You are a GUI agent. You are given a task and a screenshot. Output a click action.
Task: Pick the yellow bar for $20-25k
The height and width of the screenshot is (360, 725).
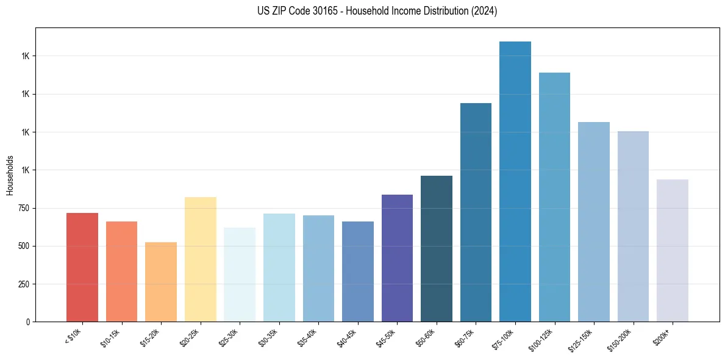(200, 259)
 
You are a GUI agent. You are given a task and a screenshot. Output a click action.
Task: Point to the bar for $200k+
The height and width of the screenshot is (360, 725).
(673, 250)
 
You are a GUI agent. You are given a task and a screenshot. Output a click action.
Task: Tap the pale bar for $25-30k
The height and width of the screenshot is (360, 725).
(240, 275)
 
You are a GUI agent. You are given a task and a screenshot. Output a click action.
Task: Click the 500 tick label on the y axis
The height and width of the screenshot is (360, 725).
(23, 247)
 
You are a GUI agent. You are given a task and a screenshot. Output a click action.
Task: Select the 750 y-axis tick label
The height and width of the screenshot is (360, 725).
(23, 209)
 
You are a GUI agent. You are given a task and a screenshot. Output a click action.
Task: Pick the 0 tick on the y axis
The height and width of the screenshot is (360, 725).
(28, 322)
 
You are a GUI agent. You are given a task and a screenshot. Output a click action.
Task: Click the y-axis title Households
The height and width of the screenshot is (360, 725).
(10, 175)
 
